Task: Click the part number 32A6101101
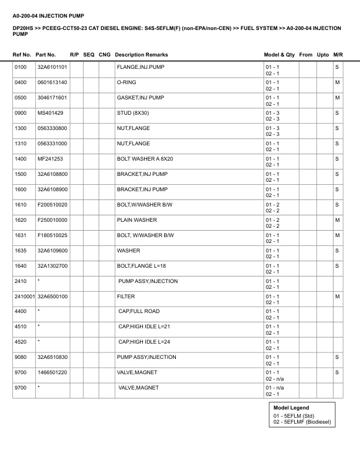(52, 67)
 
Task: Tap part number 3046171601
(52, 98)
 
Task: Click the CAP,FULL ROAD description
(139, 312)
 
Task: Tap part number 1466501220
(52, 373)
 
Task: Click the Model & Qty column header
(279, 55)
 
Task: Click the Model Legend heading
(291, 408)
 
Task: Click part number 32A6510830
(52, 358)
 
